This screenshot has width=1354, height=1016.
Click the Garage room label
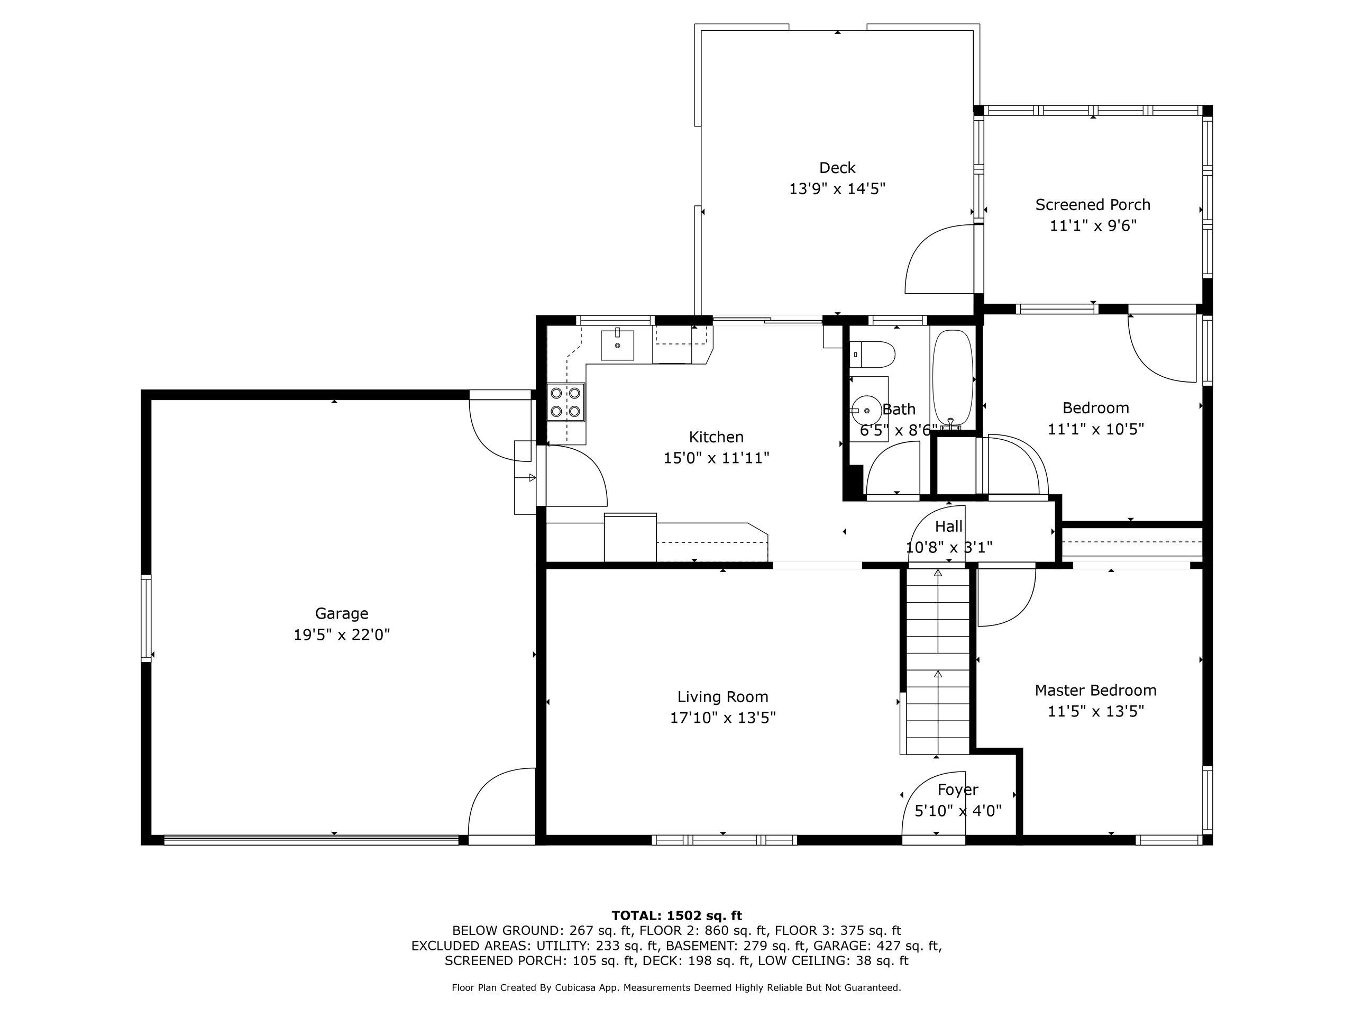[342, 613]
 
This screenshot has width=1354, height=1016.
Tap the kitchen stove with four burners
[565, 402]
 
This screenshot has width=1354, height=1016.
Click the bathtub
[953, 378]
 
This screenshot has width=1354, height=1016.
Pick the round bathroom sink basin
[866, 410]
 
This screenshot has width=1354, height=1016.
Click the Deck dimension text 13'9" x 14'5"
[837, 188]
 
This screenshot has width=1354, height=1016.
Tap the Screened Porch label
[1093, 205]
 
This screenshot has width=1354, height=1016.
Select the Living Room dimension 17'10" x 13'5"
[723, 717]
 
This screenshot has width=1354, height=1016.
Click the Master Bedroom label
[1096, 690]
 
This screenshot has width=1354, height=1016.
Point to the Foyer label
[958, 790]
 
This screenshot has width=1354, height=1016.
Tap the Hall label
[949, 526]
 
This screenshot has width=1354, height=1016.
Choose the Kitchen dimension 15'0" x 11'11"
[716, 458]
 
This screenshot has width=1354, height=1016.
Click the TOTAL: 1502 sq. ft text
[676, 915]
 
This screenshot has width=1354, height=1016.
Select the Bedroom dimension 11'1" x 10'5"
[1096, 429]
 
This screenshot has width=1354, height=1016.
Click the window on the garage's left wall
[147, 619]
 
